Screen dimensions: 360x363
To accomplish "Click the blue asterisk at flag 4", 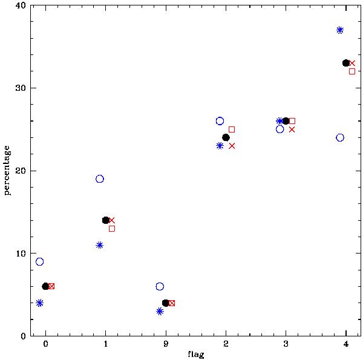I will (340, 30).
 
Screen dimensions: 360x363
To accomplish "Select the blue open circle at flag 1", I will (100, 179).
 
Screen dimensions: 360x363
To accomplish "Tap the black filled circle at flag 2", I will (226, 137).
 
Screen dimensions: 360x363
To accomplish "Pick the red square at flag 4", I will (352, 71).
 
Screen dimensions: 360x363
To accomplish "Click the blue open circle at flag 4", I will (340, 137).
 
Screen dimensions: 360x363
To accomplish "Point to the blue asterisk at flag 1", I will (100, 245).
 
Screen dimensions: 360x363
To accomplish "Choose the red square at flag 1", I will (112, 229).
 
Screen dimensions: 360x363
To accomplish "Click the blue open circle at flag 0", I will (40, 261).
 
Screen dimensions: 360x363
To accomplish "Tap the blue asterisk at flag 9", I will (160, 311).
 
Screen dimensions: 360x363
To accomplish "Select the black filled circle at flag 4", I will (346, 63).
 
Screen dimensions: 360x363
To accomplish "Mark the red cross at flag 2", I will (232, 146).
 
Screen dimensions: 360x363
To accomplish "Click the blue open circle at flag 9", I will (160, 286).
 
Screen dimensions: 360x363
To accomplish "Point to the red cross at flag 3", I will (292, 129).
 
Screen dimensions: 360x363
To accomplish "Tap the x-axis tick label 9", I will (166, 345).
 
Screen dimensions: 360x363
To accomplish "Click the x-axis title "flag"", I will (195, 355).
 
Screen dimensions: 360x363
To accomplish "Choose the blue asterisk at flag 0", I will (40, 303).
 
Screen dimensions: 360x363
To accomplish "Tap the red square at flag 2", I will (232, 129).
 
